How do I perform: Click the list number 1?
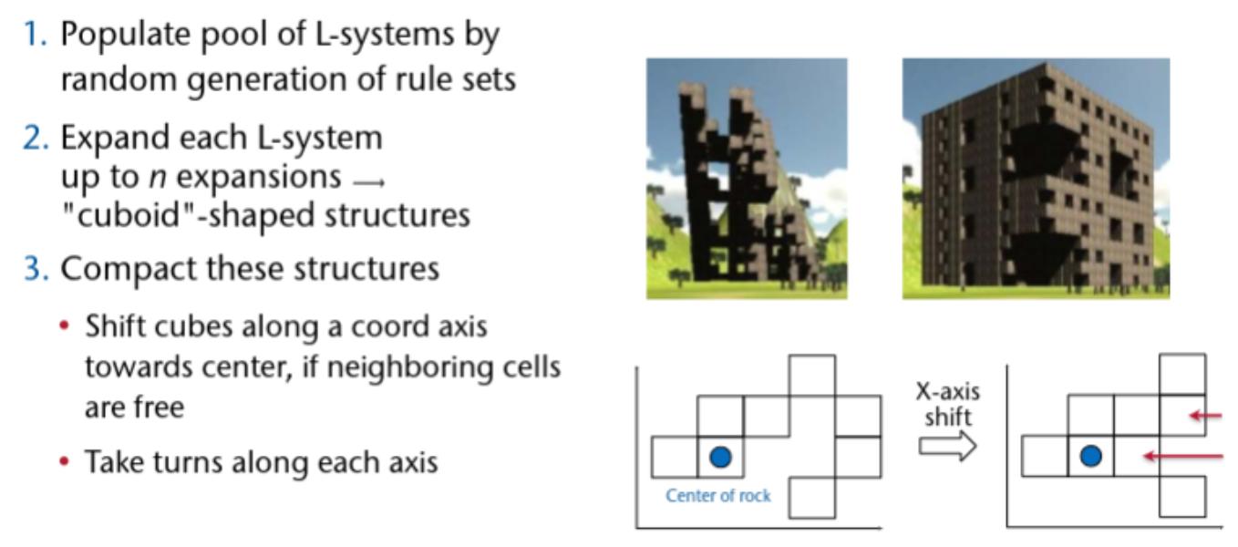pyautogui.click(x=39, y=36)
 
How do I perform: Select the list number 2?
pyautogui.click(x=40, y=139)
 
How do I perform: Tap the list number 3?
pyautogui.click(x=40, y=270)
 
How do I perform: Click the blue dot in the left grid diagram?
pyautogui.click(x=720, y=457)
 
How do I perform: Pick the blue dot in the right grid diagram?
pyautogui.click(x=1090, y=455)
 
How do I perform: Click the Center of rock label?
pyautogui.click(x=717, y=497)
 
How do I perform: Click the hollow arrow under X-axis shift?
pyautogui.click(x=947, y=446)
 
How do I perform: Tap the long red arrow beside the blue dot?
pyautogui.click(x=1183, y=455)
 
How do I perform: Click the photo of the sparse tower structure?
pyautogui.click(x=747, y=179)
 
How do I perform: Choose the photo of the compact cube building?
pyautogui.click(x=1036, y=179)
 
